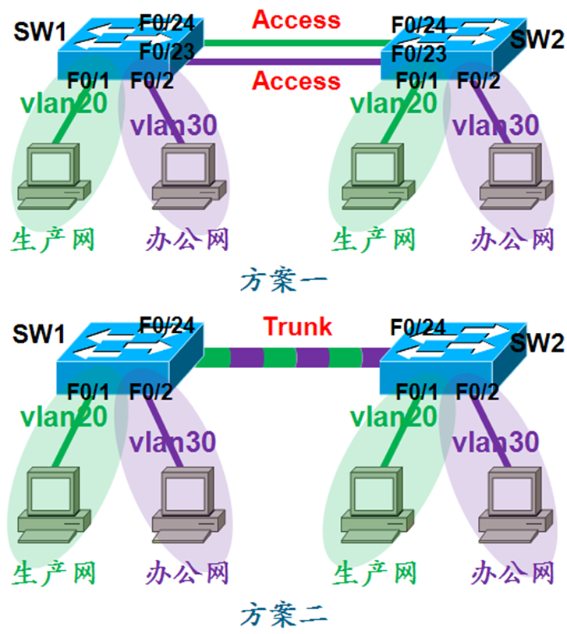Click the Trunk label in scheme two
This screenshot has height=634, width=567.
click(x=297, y=327)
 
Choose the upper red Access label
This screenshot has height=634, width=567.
click(x=296, y=19)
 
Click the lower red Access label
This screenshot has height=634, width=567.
click(x=296, y=80)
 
